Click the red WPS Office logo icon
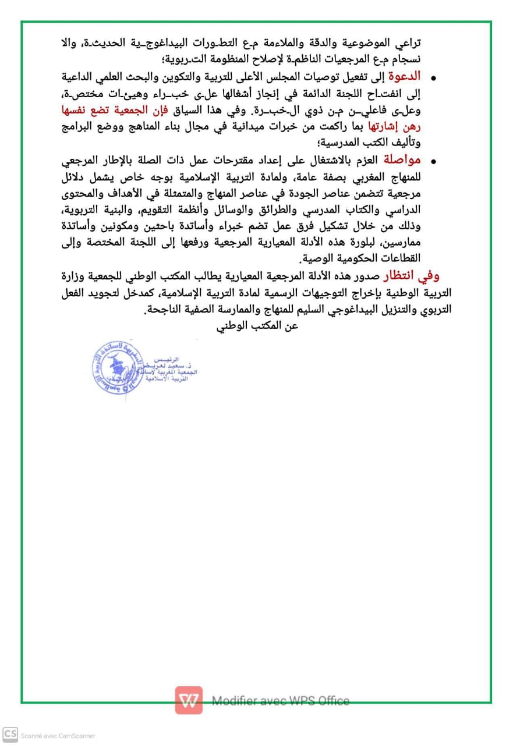pos(189,700)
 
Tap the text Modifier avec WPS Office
pos(281,701)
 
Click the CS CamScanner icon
pos(10,735)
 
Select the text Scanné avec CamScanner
pos(58,736)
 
